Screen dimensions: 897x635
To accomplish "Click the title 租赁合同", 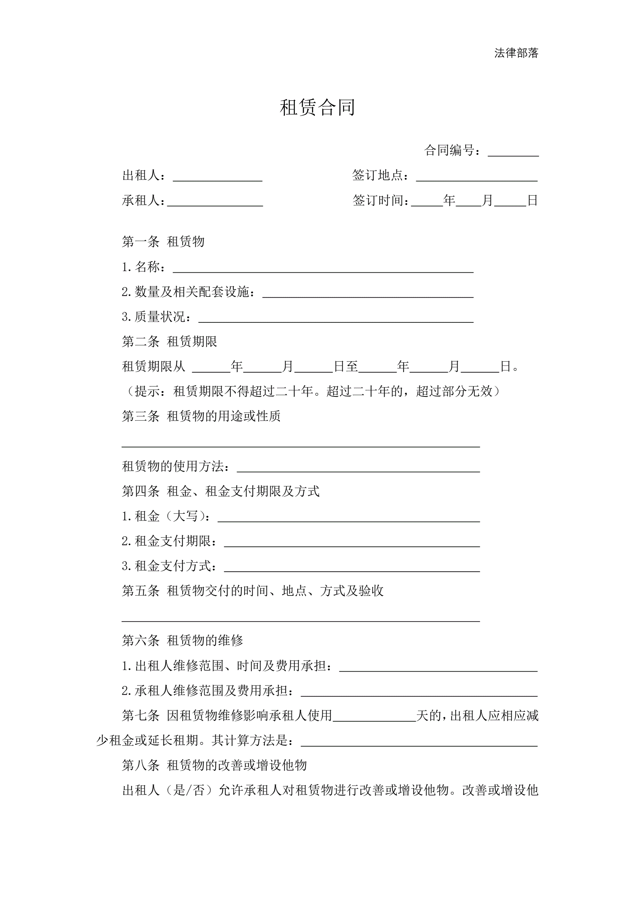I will [x=317, y=107].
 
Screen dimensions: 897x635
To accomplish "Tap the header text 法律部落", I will [x=516, y=53].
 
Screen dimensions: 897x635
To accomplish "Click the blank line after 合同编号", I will [x=513, y=153].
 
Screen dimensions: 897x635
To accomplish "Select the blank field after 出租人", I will [x=217, y=177].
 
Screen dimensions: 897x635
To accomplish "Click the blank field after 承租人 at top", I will [x=215, y=202].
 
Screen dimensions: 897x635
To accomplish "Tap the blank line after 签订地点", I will [x=477, y=177].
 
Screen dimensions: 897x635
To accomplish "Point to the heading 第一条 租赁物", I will [x=163, y=242].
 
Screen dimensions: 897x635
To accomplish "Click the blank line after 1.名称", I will [x=323, y=268].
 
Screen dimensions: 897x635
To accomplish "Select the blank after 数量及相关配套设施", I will [x=367, y=293].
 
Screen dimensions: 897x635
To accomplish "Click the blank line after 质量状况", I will [x=336, y=318].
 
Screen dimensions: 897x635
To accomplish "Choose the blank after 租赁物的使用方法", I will [x=358, y=468].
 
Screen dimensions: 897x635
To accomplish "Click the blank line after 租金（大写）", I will [x=348, y=518].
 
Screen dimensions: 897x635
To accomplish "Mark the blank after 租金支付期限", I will [x=351, y=543].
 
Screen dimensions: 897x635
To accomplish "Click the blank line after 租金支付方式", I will [x=351, y=568].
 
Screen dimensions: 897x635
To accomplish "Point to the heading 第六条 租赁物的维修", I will [x=182, y=641].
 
